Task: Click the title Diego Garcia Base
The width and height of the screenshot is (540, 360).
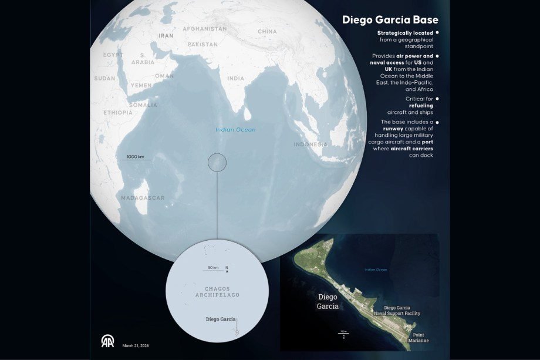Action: point(390,20)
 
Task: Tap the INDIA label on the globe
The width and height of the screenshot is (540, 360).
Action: point(236,78)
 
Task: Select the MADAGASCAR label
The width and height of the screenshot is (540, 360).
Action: point(143,198)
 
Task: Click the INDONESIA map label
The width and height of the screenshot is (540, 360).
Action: point(310,144)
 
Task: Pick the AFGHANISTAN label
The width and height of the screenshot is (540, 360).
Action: point(204,29)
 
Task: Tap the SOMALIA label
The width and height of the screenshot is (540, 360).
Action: point(143,105)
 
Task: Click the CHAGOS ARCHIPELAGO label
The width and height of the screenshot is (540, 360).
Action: point(217,291)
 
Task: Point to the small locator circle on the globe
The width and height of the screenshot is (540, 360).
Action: point(217,162)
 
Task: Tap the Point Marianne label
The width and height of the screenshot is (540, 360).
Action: point(417,337)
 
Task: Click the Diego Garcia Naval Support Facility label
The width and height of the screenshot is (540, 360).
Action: point(402,311)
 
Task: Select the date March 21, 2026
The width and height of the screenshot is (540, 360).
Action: point(136,346)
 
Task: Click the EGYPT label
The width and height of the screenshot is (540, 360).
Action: point(113,55)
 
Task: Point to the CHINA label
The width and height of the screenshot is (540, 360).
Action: point(267,32)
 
